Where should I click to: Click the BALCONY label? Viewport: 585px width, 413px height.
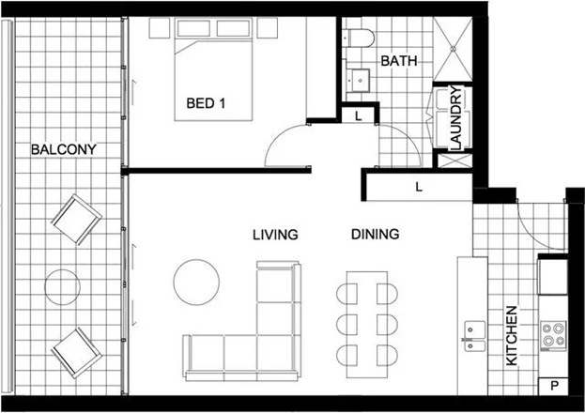(63, 149)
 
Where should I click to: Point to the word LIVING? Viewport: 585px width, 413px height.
(274, 234)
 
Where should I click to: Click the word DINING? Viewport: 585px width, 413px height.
(376, 234)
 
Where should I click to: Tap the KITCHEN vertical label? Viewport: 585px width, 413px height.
(512, 335)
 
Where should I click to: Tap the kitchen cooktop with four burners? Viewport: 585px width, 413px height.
(552, 334)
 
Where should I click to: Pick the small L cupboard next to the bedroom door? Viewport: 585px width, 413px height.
(358, 115)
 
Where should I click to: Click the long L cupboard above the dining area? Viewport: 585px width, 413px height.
(418, 187)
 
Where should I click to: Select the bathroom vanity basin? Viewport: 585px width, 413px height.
(358, 78)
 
